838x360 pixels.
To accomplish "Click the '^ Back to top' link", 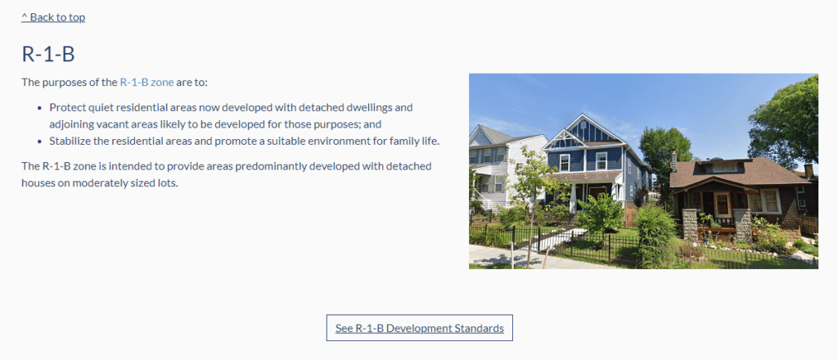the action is coord(53,17).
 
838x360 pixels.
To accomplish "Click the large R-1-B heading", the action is coord(48,55).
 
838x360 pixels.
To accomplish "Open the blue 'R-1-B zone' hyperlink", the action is coord(147,83).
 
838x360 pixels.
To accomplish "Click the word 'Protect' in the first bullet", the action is coord(65,107).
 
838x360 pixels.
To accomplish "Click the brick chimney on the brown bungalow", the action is coord(674,160).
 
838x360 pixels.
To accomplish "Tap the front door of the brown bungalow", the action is coord(722,205).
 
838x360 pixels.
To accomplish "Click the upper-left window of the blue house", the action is coord(565,162).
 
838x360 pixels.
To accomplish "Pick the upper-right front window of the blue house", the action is coord(601,160).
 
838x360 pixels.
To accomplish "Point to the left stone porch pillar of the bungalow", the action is coord(689,224).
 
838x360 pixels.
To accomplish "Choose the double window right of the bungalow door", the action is coord(764,201).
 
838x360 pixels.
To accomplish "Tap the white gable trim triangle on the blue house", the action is coord(565,140).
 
